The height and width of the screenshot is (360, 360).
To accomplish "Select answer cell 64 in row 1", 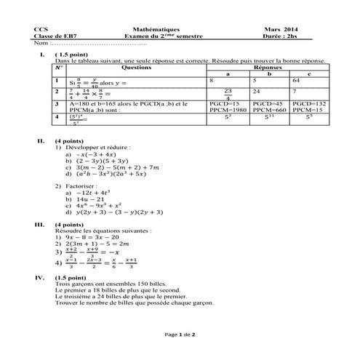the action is (311, 80).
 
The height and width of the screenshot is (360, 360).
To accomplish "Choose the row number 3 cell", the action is (56, 104).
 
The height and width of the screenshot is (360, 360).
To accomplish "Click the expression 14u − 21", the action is (90, 197).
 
